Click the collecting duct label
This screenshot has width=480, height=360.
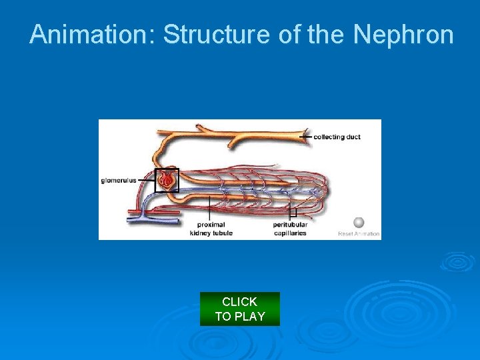pos(337,137)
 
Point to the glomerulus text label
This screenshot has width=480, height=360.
pos(119,180)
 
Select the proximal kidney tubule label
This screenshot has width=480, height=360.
pos(211,229)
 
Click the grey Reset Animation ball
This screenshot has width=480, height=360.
pos(359,223)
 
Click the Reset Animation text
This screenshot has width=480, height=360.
pos(359,234)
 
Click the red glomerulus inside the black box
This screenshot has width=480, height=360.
pos(167,179)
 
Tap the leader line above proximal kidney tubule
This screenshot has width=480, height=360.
pos(210,207)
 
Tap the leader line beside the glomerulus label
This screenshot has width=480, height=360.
pos(146,180)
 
